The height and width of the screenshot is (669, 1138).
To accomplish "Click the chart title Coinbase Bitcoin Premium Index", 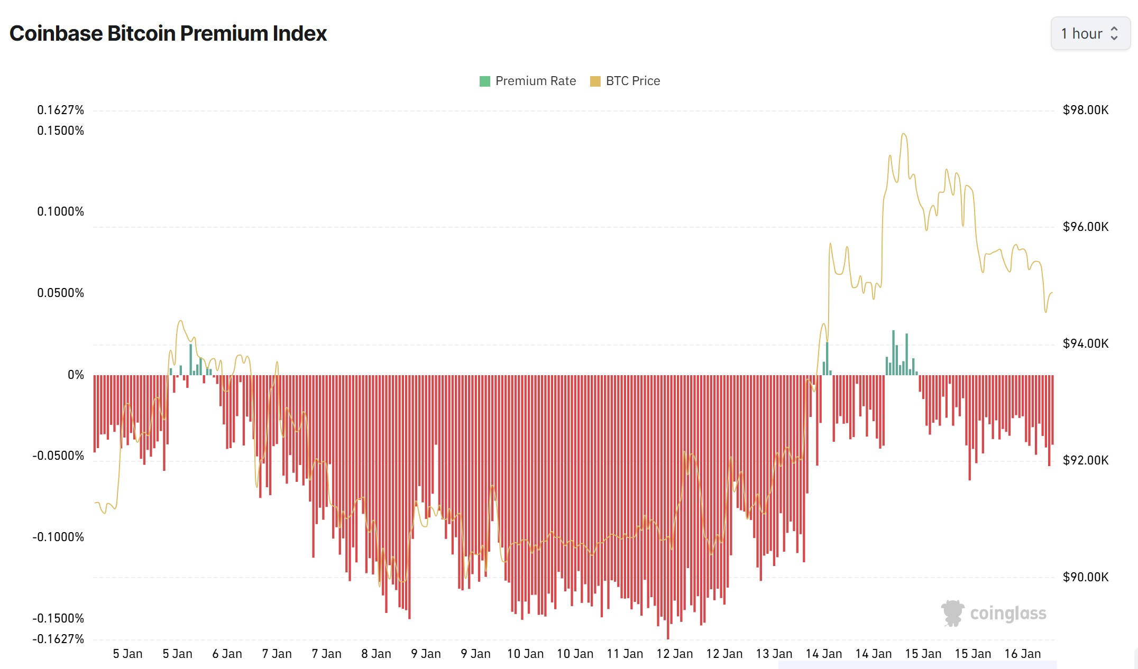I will coord(168,33).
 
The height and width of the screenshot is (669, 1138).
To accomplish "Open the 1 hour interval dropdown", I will coord(1090,34).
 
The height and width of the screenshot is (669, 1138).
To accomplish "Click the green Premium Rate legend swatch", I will coord(484,81).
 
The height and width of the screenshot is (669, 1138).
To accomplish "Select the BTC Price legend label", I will coord(632,81).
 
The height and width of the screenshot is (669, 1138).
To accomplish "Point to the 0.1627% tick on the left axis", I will coord(60,110).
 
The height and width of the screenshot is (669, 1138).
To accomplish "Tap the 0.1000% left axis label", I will coord(60,211).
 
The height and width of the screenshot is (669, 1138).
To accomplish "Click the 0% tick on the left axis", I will coord(76,375).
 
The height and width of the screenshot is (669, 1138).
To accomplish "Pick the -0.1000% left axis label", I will coord(58,537).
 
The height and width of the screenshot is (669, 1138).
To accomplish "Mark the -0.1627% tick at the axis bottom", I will coord(58,639).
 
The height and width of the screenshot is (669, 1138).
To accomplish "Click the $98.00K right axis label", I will coord(1086,110).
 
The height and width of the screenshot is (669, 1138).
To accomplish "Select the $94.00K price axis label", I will coord(1086,343).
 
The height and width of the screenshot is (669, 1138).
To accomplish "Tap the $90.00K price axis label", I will coord(1086,577).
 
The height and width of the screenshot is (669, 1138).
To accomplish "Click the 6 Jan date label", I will coord(227,654).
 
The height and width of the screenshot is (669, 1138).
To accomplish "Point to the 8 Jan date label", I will coord(376,654).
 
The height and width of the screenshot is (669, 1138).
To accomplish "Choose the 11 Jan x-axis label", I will coord(625,654).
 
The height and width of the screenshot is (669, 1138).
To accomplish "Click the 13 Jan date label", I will coord(774,654).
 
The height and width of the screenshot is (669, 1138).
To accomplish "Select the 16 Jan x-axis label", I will coord(1022,654).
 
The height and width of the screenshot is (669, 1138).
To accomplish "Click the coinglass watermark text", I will coord(1008,614).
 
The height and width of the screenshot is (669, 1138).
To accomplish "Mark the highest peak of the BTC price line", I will coord(904,134).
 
